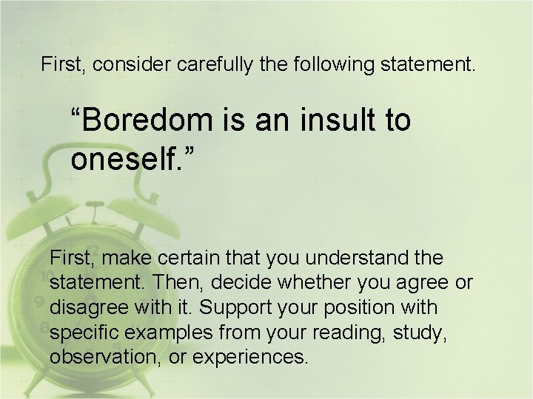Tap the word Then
coord(170,283)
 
